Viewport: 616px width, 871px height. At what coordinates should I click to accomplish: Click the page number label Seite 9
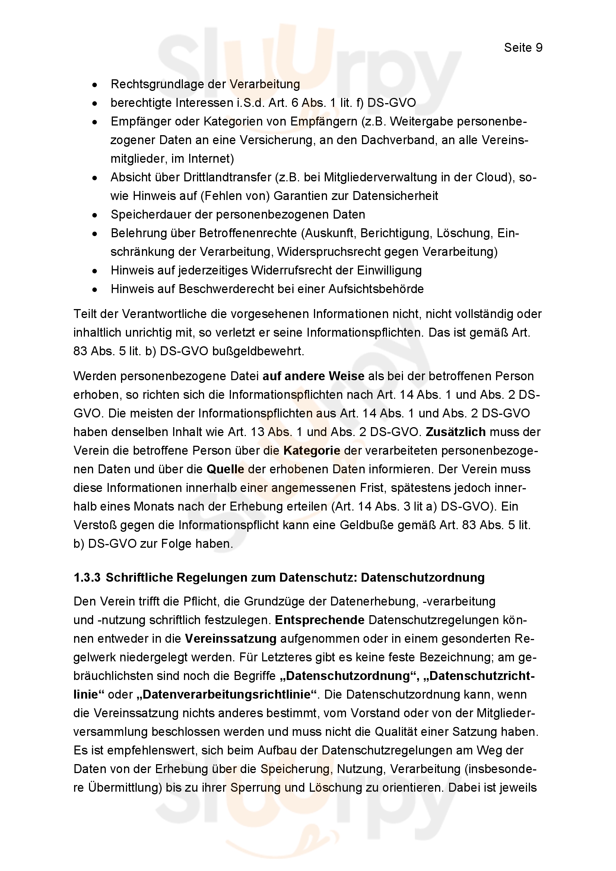(523, 47)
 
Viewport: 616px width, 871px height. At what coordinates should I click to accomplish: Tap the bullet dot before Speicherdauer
(95, 215)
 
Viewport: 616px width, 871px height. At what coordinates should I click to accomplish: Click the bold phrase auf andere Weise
(313, 376)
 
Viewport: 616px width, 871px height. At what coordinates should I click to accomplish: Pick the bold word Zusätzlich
(455, 432)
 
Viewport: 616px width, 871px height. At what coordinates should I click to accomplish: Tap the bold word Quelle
(225, 469)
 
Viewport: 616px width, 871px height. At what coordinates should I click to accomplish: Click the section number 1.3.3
(87, 578)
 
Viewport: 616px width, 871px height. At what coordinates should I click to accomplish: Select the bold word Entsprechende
(320, 620)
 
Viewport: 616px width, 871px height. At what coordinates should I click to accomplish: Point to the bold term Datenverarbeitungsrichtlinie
(225, 695)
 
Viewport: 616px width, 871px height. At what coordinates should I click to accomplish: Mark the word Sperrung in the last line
(255, 788)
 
